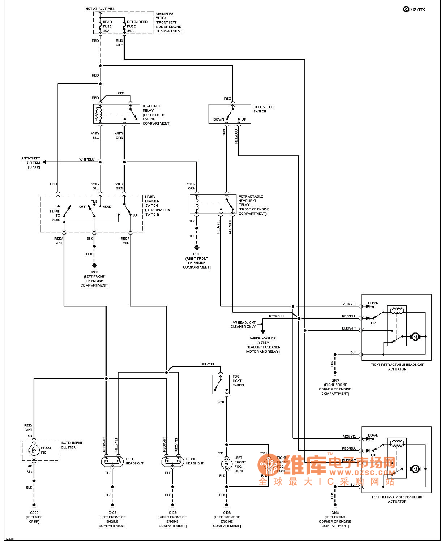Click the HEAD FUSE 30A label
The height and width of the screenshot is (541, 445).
click(x=107, y=26)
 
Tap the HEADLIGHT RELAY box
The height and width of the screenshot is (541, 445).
click(x=116, y=114)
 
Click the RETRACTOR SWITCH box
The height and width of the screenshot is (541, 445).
click(x=230, y=114)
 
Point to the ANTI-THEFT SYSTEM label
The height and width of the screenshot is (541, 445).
click(x=31, y=163)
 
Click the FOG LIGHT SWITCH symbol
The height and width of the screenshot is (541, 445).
click(x=221, y=384)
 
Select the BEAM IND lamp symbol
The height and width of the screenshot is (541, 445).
click(x=34, y=450)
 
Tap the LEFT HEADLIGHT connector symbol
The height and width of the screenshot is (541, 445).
click(x=112, y=461)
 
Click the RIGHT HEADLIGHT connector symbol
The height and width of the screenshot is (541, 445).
click(x=172, y=461)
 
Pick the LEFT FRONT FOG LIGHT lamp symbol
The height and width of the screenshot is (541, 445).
click(x=227, y=464)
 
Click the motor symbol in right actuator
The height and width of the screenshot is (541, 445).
click(x=415, y=337)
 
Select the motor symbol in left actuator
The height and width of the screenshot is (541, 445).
click(x=415, y=469)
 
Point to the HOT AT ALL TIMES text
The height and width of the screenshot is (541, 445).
click(x=100, y=9)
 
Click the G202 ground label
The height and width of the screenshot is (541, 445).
click(x=34, y=513)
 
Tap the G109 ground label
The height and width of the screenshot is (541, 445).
click(x=172, y=513)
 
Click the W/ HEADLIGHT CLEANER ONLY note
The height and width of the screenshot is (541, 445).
click(x=243, y=325)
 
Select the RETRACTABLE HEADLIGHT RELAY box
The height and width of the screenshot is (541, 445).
click(x=213, y=204)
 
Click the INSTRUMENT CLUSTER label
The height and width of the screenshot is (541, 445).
click(x=71, y=445)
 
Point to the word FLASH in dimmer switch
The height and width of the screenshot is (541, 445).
click(x=55, y=211)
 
